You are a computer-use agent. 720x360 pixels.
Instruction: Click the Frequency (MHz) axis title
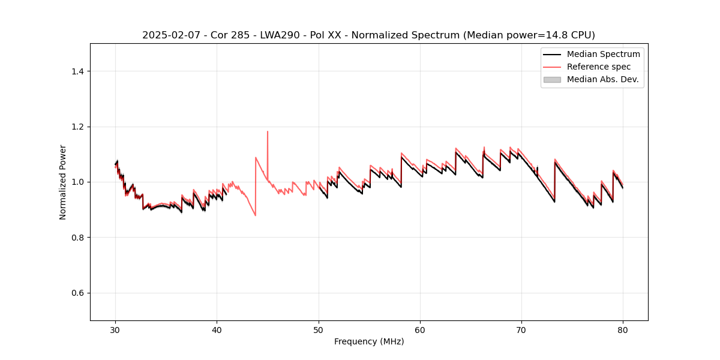pos(369,341)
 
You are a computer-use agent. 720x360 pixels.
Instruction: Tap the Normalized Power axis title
pos(63,182)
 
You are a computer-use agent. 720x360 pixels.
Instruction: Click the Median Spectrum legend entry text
pos(603,54)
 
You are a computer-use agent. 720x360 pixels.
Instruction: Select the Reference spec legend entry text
pos(599,67)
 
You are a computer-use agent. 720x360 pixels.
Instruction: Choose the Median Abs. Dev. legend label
pos(603,79)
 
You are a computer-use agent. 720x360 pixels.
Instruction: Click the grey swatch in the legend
pos(552,79)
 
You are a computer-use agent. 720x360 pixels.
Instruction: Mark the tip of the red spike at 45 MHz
pos(268,131)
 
